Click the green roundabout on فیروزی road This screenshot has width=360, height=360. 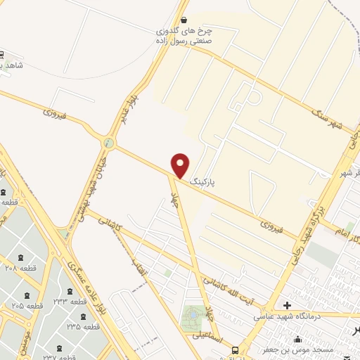pos(108,143)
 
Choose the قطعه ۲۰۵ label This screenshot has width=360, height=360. pos(28,306)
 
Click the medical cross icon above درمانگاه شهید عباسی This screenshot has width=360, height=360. pos(287,305)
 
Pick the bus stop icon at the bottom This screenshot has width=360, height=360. pos(235,349)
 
